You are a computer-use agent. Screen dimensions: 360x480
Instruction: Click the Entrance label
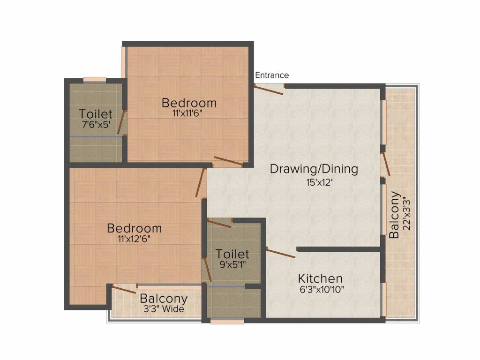click(x=272, y=75)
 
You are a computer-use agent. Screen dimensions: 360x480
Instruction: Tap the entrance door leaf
click(x=269, y=90)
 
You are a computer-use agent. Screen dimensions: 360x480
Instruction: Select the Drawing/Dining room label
click(x=314, y=169)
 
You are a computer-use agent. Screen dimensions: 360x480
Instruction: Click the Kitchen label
click(x=321, y=278)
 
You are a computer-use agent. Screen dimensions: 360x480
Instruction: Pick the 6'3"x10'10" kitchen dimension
click(x=322, y=289)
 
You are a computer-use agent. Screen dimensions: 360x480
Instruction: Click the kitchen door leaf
click(x=281, y=253)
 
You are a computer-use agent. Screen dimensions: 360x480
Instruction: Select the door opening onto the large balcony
click(x=386, y=165)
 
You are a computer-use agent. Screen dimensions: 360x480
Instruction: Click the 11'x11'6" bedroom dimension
click(x=189, y=113)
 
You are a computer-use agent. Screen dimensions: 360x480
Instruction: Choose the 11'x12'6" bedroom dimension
click(x=134, y=239)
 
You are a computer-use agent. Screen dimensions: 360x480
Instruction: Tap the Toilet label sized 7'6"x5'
click(x=96, y=114)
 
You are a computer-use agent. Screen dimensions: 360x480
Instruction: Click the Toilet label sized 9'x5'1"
click(x=232, y=254)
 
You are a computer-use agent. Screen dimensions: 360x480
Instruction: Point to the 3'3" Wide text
click(x=164, y=309)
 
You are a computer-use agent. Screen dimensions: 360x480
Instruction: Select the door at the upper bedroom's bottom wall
click(x=228, y=161)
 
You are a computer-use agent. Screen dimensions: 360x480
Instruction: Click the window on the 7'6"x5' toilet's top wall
click(x=94, y=79)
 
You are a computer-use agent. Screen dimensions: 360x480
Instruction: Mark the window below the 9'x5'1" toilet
click(x=227, y=322)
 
